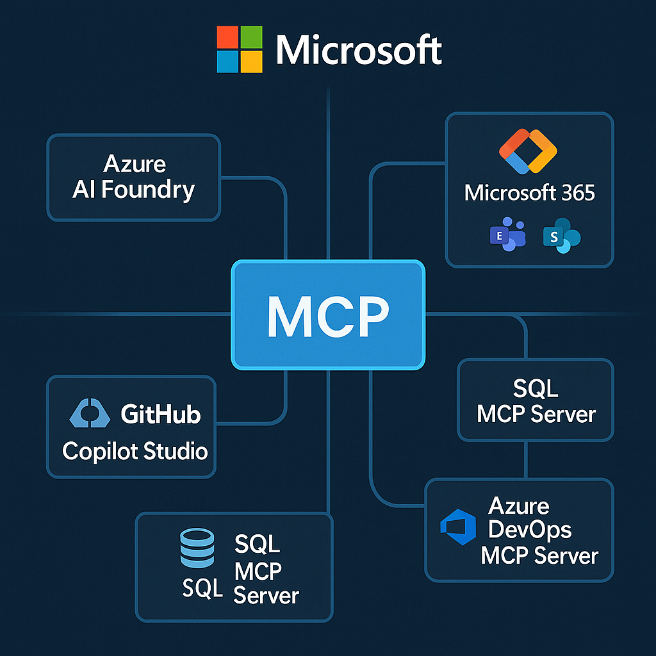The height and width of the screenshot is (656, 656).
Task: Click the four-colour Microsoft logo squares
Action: coord(239,49)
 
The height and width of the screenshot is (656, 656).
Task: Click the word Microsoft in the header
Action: coord(359,49)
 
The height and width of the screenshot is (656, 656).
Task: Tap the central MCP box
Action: coord(328,315)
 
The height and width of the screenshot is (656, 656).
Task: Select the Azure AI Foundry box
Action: coord(133,177)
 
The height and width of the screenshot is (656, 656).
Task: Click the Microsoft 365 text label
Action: coord(530,192)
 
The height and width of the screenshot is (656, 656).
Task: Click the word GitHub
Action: coord(161,414)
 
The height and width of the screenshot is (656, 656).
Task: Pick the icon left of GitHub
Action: coord(92,414)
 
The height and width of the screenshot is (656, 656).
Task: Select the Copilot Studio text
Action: coord(135,451)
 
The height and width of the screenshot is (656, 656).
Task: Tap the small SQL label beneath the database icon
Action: coord(202,587)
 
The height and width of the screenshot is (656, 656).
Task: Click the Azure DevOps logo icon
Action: coord(459,527)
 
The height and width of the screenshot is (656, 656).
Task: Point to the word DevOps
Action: coord(530,530)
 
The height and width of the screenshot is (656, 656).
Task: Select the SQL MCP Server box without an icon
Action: coord(536,400)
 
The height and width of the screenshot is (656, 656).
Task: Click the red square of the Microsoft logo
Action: coord(227,38)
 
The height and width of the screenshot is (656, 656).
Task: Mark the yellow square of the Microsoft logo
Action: coord(250,61)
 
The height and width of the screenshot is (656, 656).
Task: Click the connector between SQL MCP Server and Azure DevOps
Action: coord(526,459)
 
